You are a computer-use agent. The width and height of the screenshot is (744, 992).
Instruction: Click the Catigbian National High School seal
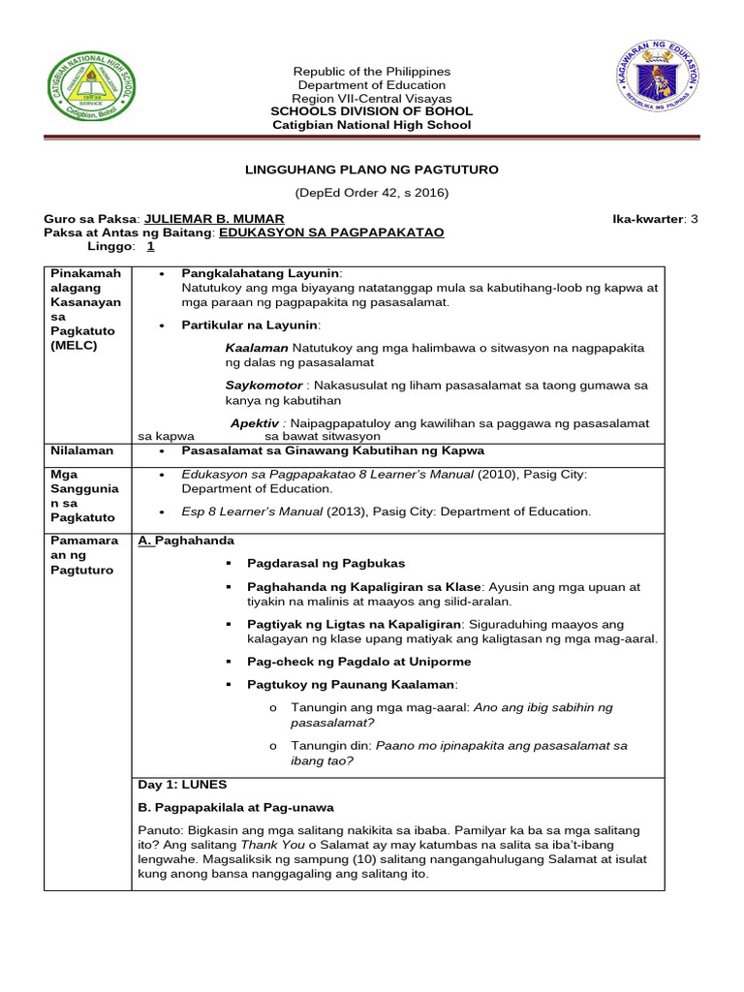coord(93,94)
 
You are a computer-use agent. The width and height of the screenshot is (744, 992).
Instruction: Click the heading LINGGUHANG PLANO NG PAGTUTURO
coord(372,170)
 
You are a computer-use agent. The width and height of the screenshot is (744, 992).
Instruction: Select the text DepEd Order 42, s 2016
coord(372,193)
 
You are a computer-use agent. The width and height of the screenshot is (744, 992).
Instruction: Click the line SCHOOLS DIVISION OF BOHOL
coord(372,111)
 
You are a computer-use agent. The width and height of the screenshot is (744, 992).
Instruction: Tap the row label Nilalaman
coord(82,450)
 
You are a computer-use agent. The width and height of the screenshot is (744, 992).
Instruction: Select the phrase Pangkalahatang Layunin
coord(262,273)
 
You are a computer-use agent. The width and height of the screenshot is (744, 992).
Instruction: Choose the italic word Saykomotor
coord(263,385)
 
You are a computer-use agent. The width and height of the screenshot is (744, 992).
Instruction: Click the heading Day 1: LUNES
coord(182,784)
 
